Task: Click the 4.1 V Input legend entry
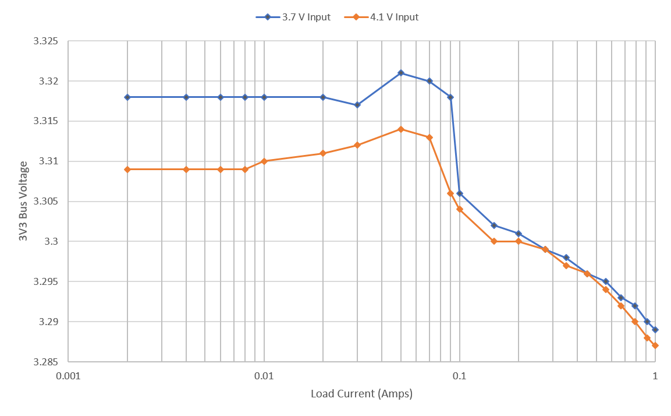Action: click(393, 17)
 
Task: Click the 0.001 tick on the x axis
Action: click(68, 376)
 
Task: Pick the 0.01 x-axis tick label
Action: click(264, 376)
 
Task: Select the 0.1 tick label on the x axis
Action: click(459, 376)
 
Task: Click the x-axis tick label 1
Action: click(655, 376)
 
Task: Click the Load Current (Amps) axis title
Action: click(361, 394)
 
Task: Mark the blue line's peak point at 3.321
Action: click(400, 73)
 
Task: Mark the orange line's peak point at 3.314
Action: click(400, 129)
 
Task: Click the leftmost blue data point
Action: click(127, 97)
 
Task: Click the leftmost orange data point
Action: click(127, 169)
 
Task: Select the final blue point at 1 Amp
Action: click(655, 330)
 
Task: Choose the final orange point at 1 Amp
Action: click(655, 346)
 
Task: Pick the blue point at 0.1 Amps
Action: click(459, 193)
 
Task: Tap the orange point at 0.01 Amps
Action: click(264, 161)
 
